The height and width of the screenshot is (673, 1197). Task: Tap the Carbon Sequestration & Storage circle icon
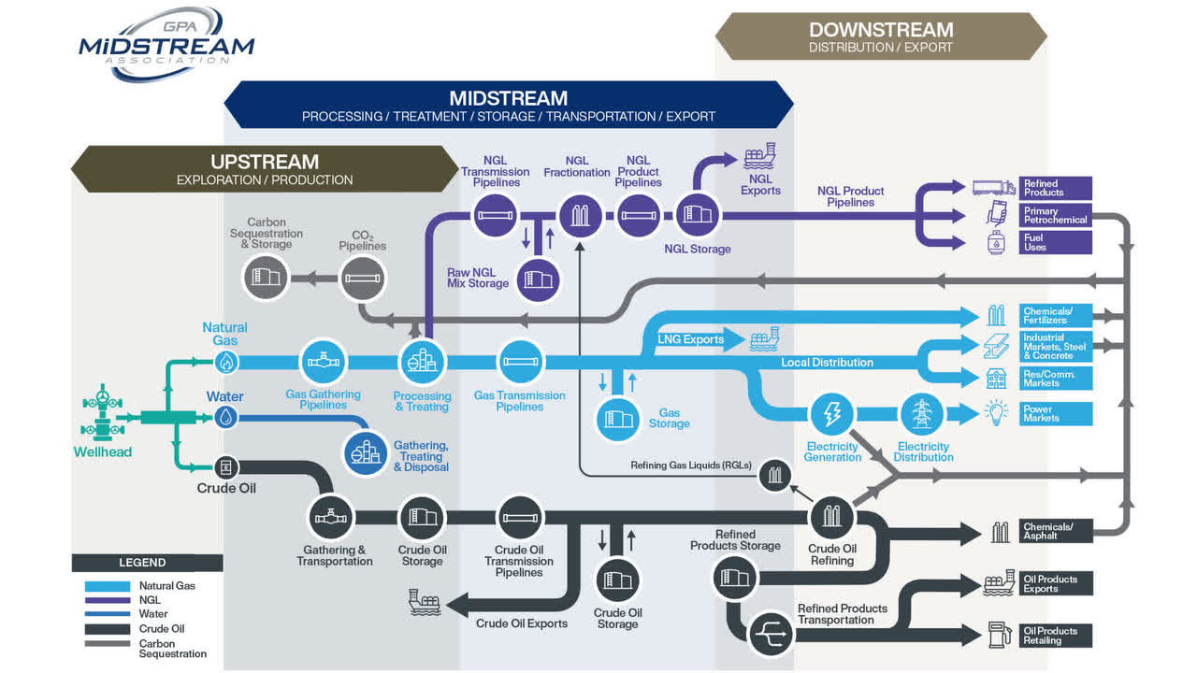[267, 279]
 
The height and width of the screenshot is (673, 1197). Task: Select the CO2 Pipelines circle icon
[363, 279]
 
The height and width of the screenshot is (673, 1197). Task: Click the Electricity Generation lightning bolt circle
[830, 414]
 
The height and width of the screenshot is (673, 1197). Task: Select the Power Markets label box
[1056, 414]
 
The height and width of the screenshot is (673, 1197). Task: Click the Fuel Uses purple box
[1056, 242]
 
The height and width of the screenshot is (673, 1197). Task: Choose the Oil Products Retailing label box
[1056, 636]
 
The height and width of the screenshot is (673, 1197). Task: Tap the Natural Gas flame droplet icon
[225, 362]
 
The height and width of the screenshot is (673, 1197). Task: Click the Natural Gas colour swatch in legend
[108, 586]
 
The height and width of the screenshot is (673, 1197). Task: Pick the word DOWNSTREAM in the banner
[881, 30]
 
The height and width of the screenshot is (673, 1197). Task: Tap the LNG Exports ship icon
[764, 338]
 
